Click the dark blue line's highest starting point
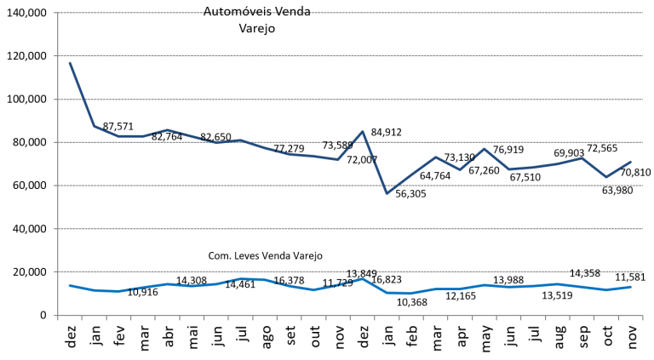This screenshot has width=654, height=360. click(x=70, y=62)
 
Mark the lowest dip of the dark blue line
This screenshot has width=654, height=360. click(x=387, y=193)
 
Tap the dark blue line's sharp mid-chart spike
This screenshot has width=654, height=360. click(x=363, y=131)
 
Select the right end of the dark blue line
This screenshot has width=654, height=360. click(x=630, y=162)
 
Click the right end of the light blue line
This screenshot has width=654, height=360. click(x=630, y=287)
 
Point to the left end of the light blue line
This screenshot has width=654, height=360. click(x=70, y=286)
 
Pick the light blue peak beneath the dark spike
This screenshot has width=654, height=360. click(x=363, y=278)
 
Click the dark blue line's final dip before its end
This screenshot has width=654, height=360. click(x=606, y=177)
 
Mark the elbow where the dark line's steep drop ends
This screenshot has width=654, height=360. click(x=94, y=126)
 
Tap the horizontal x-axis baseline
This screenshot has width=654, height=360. click(x=341, y=316)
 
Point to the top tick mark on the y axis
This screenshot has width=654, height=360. click(x=55, y=13)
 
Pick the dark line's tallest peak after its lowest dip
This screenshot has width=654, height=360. click(x=485, y=148)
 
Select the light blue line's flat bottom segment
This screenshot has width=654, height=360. click(x=399, y=293)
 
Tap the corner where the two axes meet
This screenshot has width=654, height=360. click(x=58, y=316)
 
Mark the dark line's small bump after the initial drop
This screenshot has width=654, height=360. click(x=167, y=130)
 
